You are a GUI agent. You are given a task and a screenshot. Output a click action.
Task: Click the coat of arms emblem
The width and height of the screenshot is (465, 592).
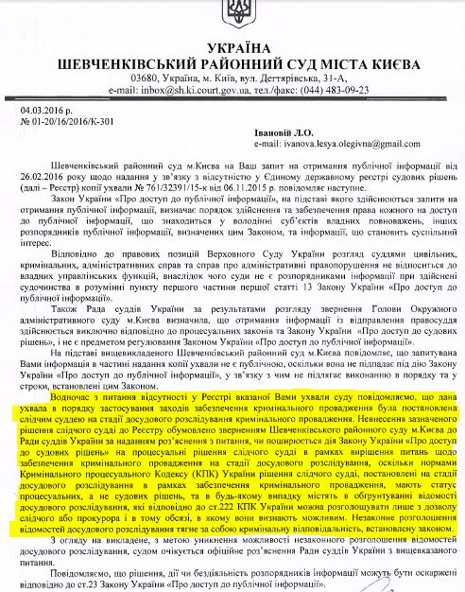point(232,13)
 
